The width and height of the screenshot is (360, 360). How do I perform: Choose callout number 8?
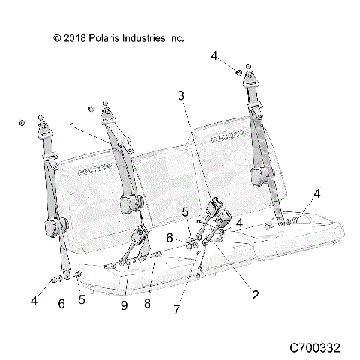pos(148,303)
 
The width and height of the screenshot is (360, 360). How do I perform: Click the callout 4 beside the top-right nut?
pos(214,55)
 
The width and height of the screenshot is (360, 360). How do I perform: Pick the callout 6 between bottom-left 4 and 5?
pos(61,303)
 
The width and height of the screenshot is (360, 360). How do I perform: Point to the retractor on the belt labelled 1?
pos(133,203)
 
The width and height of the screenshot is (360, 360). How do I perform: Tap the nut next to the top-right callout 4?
pos(237,72)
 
